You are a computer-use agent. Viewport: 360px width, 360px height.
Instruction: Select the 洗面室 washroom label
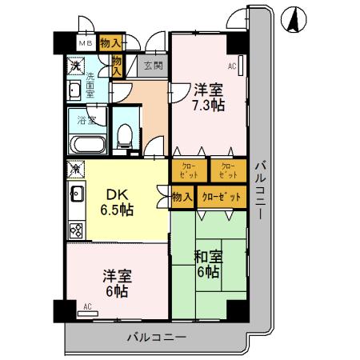(90, 84)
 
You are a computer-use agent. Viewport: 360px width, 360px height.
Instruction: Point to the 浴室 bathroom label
(86, 121)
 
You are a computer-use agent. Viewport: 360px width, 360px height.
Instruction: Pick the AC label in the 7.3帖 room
(232, 66)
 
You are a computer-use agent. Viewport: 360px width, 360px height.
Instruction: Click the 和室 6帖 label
(208, 265)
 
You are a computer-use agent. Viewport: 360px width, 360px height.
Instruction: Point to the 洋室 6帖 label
(116, 284)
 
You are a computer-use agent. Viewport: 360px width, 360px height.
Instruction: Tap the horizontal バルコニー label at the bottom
(157, 337)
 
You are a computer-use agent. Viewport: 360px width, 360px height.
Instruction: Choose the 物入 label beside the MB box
(111, 43)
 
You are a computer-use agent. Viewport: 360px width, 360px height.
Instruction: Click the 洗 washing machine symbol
(75, 66)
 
